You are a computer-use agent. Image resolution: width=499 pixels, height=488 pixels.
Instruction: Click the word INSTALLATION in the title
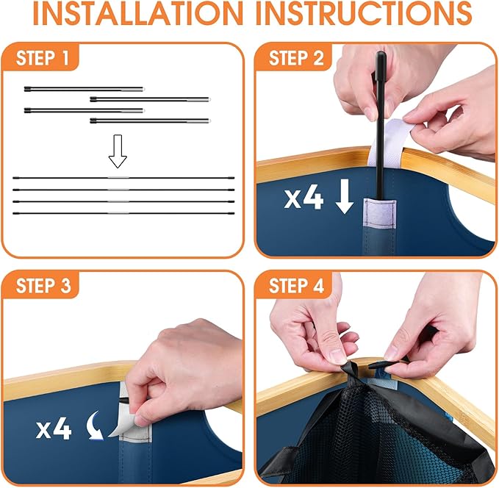138,14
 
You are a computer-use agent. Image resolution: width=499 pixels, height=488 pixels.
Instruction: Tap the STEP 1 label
42,58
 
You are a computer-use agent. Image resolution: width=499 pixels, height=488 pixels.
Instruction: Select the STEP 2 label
296,58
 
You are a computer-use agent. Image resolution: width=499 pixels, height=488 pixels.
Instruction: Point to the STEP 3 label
43,285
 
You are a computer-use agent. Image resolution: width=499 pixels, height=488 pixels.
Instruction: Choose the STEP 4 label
296,285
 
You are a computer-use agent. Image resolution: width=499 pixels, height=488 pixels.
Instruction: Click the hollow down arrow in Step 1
118,151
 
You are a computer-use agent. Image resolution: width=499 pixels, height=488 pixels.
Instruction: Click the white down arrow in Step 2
345,195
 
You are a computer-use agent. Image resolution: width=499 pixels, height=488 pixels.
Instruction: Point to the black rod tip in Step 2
381,54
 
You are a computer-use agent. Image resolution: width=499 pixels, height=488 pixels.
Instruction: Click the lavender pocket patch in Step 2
380,214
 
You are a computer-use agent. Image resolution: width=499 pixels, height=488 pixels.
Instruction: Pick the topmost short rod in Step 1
85,89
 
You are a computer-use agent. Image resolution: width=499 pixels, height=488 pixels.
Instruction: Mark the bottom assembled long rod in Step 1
123,213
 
